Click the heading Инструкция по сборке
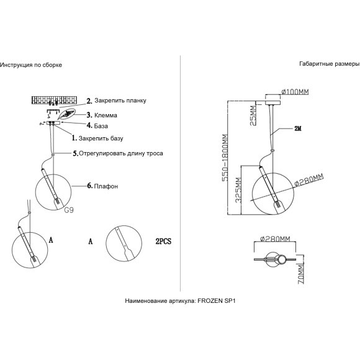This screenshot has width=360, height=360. (x=31, y=65)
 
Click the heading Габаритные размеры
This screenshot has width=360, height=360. (x=330, y=64)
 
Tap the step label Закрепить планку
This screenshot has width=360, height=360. (x=120, y=101)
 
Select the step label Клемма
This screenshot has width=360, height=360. (x=106, y=115)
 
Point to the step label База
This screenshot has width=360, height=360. (x=101, y=126)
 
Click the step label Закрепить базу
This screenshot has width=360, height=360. (x=101, y=138)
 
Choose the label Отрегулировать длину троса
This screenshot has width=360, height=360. (x=121, y=153)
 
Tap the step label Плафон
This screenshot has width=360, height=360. (x=106, y=186)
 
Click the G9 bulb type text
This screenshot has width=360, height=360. (x=69, y=210)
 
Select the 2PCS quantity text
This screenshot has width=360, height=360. (x=163, y=241)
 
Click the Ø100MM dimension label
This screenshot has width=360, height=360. (x=295, y=92)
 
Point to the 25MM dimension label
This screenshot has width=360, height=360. (x=253, y=115)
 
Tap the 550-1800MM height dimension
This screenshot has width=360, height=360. (x=225, y=158)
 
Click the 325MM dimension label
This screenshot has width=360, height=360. (x=238, y=190)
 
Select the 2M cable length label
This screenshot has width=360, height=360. (x=298, y=128)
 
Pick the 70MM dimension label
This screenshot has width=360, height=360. (x=301, y=274)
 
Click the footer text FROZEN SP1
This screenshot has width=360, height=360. (x=217, y=301)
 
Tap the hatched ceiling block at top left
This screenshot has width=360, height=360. (x=54, y=100)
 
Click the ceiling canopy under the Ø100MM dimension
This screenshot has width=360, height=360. (x=272, y=103)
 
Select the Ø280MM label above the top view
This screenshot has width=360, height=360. (x=275, y=239)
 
